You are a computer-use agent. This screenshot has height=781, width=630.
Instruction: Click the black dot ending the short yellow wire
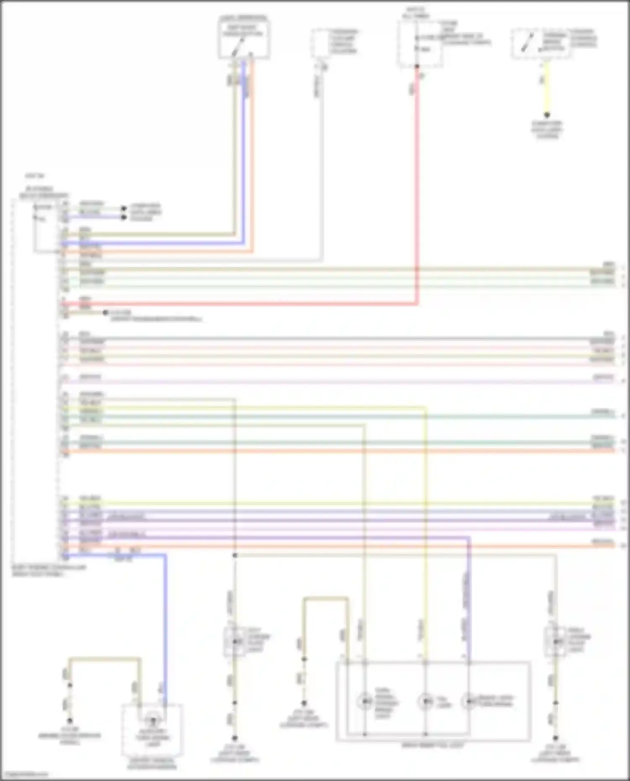547,115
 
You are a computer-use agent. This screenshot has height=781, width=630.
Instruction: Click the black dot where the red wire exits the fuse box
417,66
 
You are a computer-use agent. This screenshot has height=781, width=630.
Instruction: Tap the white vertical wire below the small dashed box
322,168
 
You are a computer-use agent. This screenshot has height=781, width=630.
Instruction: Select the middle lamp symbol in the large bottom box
425,701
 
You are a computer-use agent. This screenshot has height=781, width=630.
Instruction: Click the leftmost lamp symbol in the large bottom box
365,701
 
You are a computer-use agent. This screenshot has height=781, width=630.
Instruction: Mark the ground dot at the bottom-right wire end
556,737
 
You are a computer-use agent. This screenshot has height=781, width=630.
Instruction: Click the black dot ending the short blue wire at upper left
123,217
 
